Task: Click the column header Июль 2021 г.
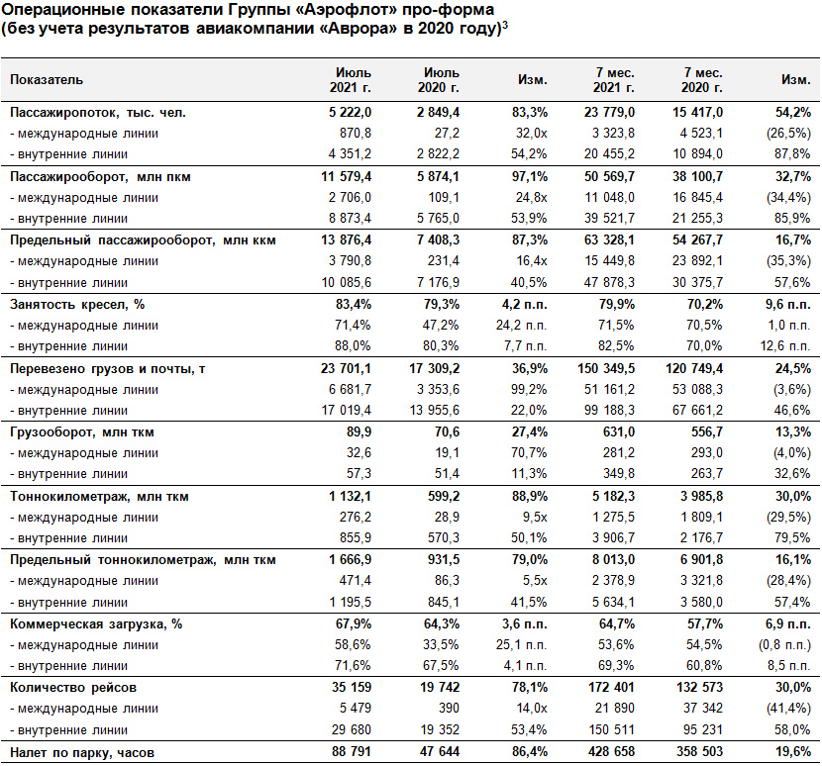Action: [351, 79]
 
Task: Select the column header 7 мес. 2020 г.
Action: [702, 79]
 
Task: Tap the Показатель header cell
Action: [47, 79]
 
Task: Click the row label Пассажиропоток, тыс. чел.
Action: [98, 112]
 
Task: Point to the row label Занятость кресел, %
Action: [77, 305]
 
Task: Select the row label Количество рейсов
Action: [73, 688]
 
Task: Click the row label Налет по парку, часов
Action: [82, 752]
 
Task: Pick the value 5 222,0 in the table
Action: [351, 112]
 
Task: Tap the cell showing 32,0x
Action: [532, 133]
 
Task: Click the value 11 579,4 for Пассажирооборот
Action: [346, 176]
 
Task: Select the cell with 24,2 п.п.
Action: [522, 326]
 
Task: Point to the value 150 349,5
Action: [606, 368]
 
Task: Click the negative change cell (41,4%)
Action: [789, 709]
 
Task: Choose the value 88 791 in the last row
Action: [352, 751]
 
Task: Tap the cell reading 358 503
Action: [700, 751]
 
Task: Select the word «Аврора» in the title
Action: [359, 28]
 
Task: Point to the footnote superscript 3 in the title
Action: [505, 24]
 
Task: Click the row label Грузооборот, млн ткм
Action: [82, 432]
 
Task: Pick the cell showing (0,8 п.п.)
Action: [784, 644]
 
